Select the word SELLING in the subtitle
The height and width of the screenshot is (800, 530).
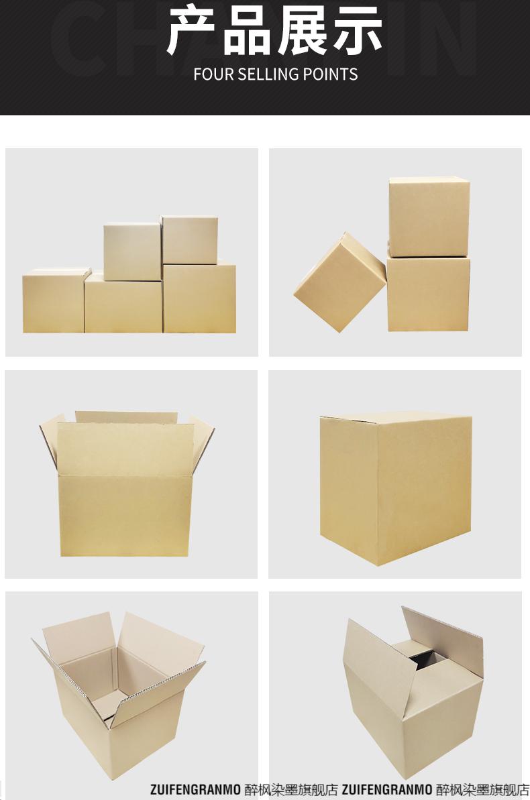[x=268, y=74]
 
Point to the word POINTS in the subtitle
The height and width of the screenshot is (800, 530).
[x=330, y=74]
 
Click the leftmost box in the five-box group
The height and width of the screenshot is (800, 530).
[x=55, y=302]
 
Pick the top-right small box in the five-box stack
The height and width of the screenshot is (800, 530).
[x=189, y=240]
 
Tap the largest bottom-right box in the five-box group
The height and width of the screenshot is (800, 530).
[x=200, y=298]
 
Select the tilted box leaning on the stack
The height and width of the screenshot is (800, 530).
[x=339, y=282]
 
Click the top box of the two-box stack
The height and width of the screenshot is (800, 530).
[x=429, y=217]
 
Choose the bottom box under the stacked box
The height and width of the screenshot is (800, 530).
[x=428, y=294]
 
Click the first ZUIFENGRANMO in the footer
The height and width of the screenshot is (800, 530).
[x=195, y=790]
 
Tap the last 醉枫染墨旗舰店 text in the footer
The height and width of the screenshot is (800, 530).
[x=483, y=790]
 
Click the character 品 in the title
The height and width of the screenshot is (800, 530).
[x=248, y=32]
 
